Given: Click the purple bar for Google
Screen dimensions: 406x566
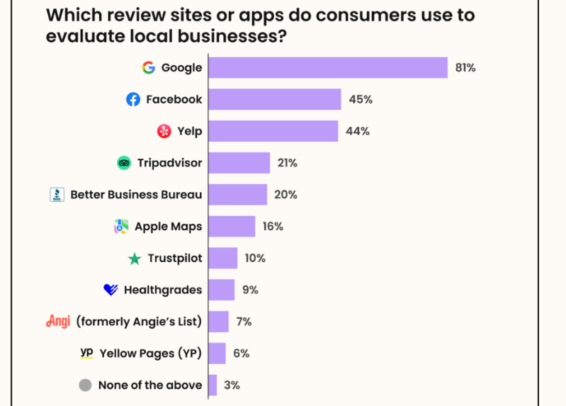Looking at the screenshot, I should point(327,68).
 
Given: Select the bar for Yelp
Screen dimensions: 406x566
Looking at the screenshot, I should point(273,131).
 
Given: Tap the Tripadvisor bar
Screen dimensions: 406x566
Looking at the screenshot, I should point(239,163).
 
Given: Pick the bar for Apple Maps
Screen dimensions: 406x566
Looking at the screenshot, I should point(231,227).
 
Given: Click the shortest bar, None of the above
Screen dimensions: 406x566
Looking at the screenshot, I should point(212,385).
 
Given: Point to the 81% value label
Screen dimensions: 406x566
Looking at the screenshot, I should point(465,68).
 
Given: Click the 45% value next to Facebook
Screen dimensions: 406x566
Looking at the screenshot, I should point(360,100).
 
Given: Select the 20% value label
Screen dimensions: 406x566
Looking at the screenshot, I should point(286,195).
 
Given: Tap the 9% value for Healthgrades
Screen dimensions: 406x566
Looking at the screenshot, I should point(249,290).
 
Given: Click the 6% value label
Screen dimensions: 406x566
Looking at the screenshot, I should point(241,354).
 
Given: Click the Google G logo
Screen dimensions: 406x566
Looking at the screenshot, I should point(148,68).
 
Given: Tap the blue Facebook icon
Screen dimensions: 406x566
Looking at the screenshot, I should point(133,100).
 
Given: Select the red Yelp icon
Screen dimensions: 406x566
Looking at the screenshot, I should point(164,132).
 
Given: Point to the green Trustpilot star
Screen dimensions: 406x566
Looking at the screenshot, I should point(135,259).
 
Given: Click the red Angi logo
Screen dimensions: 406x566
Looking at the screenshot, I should point(57,321).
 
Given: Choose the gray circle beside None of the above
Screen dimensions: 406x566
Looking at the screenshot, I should point(85,385).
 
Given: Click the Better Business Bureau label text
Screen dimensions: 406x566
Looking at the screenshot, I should point(136,195).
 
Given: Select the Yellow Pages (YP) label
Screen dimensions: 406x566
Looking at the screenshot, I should point(150,354).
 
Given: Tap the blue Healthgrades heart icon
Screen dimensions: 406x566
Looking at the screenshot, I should point(110,290).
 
